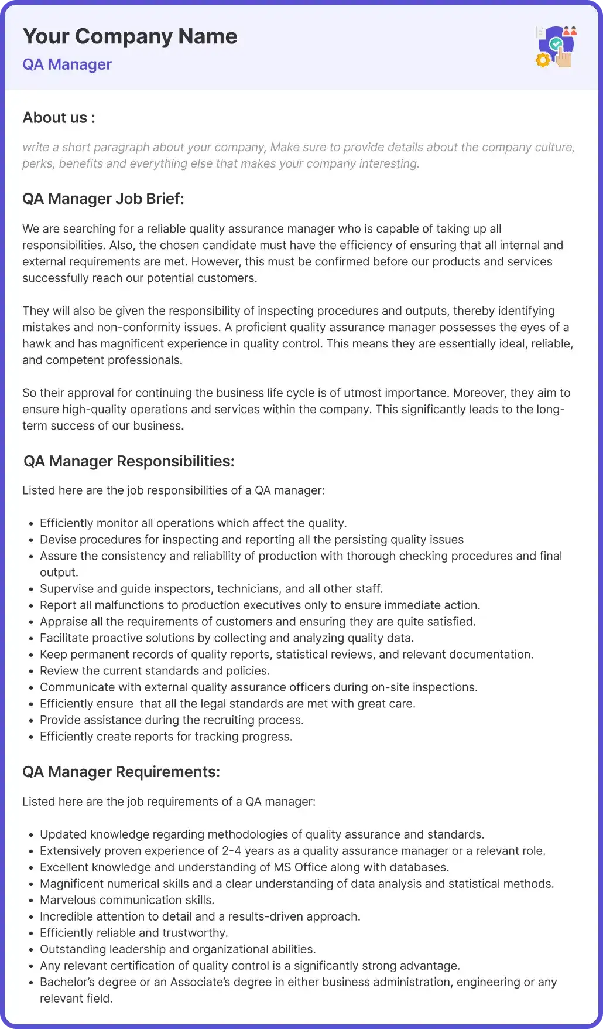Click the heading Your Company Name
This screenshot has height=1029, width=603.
click(130, 36)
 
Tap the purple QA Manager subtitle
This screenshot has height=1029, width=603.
click(67, 64)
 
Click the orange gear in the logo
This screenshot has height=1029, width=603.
click(543, 60)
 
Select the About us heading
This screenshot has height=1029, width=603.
click(59, 118)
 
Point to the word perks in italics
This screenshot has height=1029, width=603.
click(37, 164)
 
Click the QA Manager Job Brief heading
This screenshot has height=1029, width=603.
click(103, 199)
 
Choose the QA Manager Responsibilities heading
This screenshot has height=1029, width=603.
click(129, 462)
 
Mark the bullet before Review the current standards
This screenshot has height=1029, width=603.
click(31, 672)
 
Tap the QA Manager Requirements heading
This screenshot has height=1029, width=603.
click(121, 772)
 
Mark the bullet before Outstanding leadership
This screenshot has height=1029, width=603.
click(31, 950)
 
